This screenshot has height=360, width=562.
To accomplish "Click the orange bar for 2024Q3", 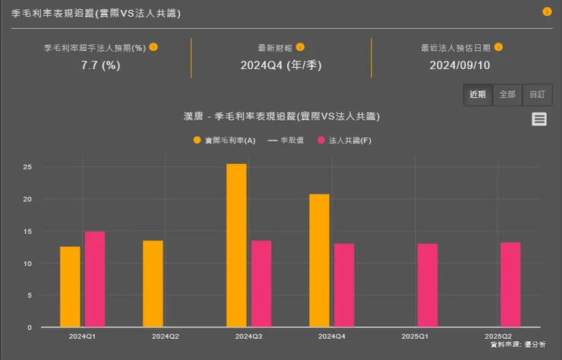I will click(x=236, y=245).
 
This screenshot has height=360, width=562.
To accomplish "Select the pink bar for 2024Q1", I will click(x=95, y=279).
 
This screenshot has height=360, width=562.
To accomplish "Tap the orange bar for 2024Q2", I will click(x=153, y=283).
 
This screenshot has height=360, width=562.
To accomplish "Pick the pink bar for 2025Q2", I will click(x=510, y=285).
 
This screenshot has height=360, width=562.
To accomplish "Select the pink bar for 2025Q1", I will click(x=428, y=286).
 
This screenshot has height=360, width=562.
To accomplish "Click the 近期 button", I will click(x=478, y=95).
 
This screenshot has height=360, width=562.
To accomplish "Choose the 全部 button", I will click(x=507, y=95).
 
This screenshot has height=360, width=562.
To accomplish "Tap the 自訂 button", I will click(x=537, y=95).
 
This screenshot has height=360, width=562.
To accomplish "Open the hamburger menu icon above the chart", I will click(x=539, y=118).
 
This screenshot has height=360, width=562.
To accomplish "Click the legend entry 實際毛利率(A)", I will click(x=224, y=141).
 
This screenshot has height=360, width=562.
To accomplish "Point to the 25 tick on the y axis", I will click(x=27, y=167).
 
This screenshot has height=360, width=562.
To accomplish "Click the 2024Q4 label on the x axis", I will click(x=332, y=336).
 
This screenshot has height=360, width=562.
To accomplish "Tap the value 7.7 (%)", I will click(x=100, y=65).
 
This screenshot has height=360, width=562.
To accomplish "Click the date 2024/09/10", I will click(x=459, y=65).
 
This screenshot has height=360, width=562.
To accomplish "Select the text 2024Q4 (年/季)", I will click(x=281, y=65).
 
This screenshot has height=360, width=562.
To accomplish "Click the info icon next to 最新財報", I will click(x=300, y=47).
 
